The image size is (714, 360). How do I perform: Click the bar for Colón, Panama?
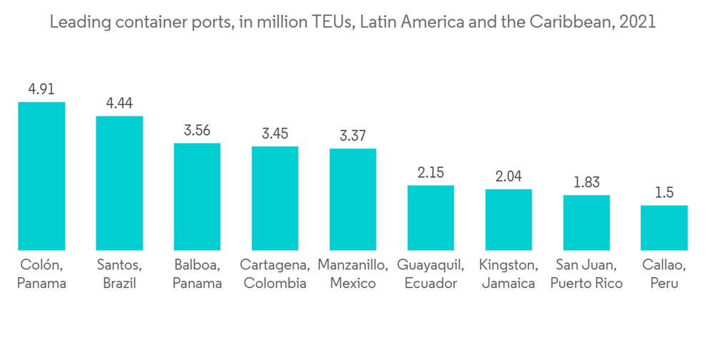pos(41,176)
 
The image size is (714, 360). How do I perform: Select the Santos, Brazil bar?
pos(119,183)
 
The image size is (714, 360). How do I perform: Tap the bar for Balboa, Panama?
pos(197,196)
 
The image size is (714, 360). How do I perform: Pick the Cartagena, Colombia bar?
pos(275,198)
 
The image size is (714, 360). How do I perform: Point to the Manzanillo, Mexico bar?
pos(353,199)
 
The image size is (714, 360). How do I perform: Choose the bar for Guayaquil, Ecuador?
pos(431,218)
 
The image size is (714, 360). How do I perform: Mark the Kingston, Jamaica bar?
pos(508,219)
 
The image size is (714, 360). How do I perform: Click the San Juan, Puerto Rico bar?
pos(586,222)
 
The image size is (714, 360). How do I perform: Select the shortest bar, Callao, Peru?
pos(664,228)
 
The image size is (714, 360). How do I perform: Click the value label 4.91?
pos(41,89)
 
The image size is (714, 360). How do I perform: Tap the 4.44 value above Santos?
pos(119,104)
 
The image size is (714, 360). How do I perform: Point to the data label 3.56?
pos(197,131)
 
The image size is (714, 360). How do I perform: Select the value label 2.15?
pos(431,173)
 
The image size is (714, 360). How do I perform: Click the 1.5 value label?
pos(664,193)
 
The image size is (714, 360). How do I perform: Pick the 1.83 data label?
pos(586,182)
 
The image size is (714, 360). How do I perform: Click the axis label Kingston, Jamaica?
pos(508,274)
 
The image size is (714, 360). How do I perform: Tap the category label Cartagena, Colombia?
pos(275,274)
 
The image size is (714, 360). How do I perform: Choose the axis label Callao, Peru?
pos(664,274)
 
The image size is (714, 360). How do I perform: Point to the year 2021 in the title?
pos(639,22)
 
